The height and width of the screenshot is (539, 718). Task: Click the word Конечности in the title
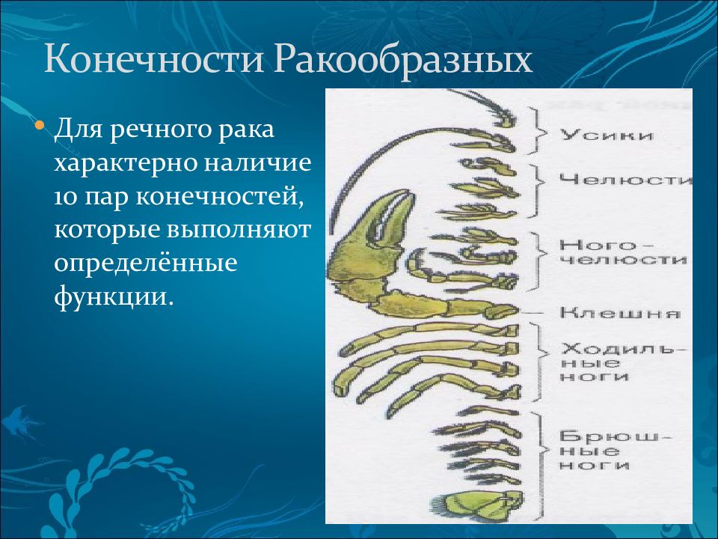point(154,59)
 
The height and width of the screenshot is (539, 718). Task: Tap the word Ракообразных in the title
point(404,60)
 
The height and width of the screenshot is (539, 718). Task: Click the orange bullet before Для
point(40,125)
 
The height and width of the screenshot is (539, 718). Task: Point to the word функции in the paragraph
point(114,298)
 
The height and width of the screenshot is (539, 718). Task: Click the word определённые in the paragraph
point(146,264)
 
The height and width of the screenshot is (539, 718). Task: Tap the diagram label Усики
point(607,135)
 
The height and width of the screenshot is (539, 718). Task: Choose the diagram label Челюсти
point(625,179)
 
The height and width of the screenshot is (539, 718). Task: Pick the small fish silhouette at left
point(21,421)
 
